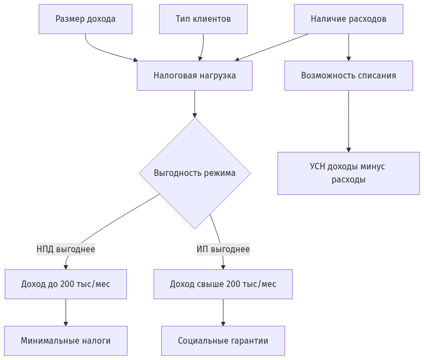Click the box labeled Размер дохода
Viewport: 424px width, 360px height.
pos(86,19)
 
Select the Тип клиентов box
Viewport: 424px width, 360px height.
pos(203,19)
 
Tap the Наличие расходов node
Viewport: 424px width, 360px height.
pos(349,19)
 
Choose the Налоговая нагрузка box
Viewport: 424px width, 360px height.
pos(195,76)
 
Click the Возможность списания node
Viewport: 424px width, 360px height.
pos(349,76)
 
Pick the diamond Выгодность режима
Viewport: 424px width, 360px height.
pos(195,173)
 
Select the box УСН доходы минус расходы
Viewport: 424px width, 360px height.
pos(349,173)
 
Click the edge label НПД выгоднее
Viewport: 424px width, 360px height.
pos(66,249)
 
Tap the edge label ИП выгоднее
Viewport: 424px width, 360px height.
pos(223,249)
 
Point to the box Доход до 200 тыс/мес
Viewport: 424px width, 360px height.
pos(66,284)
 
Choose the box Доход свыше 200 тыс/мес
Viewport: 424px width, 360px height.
pos(223,284)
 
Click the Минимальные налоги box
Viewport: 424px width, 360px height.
pos(66,341)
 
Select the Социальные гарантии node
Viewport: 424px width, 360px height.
pos(223,341)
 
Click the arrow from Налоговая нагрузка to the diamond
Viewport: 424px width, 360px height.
pos(195,104)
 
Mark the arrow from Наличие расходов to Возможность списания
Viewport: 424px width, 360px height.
pos(349,47)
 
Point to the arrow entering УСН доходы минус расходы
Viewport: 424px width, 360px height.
pos(349,121)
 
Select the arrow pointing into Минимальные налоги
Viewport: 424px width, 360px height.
pos(66,313)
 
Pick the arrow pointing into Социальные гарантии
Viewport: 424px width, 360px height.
pos(223,313)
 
